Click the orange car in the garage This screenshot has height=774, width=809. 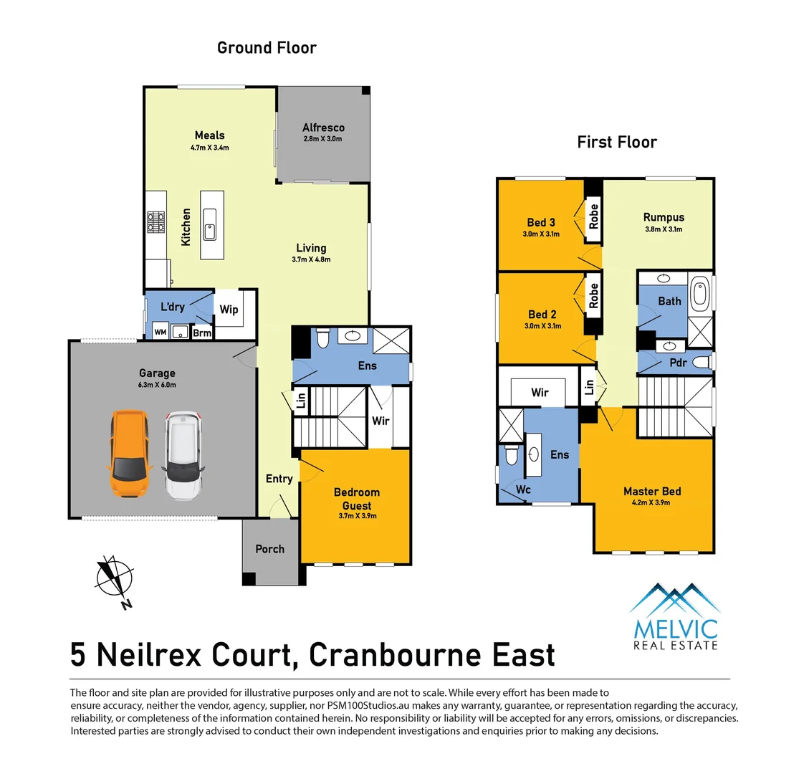click(x=129, y=454)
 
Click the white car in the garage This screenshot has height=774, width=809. click(x=183, y=456)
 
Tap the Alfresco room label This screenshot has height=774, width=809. click(x=323, y=128)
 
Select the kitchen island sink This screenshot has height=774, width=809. click(x=209, y=224)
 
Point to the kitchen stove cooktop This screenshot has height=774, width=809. click(x=156, y=222)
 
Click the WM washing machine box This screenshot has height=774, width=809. click(x=161, y=331)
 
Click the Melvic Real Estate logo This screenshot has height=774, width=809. click(x=676, y=616)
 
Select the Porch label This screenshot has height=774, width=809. click(x=270, y=549)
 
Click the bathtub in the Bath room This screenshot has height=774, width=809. click(x=699, y=293)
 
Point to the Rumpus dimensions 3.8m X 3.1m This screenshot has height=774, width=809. click(x=664, y=229)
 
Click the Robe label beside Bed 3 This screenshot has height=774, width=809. click(x=593, y=216)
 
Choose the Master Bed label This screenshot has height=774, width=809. click(x=652, y=491)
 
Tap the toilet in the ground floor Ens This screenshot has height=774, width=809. click(x=322, y=338)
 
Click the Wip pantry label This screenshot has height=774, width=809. click(x=229, y=310)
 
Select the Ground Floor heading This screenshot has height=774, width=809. click(x=267, y=48)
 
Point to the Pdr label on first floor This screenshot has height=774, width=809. click(x=678, y=363)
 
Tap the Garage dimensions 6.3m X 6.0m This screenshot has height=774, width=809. click(x=157, y=385)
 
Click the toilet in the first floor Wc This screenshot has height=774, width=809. click(x=511, y=455)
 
